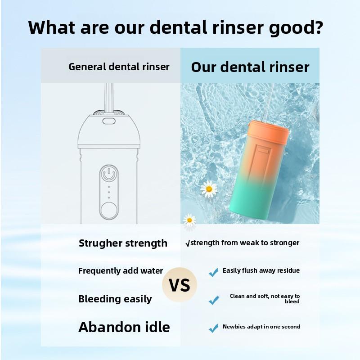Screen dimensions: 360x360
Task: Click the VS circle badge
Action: (180, 285)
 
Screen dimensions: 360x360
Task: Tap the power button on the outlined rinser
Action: (108, 173)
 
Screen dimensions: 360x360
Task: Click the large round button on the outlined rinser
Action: (108, 210)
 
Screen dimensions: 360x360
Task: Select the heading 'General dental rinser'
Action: (119, 67)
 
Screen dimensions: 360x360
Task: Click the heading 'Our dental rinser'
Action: (250, 67)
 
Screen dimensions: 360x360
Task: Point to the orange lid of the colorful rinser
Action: (269, 132)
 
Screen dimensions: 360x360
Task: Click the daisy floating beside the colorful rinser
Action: (209, 189)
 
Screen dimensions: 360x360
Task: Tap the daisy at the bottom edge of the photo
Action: (189, 220)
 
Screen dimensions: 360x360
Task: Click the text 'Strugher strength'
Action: (123, 243)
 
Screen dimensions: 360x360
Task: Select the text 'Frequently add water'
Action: (121, 271)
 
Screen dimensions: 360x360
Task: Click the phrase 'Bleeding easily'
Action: (115, 299)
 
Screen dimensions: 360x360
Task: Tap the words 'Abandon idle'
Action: (124, 327)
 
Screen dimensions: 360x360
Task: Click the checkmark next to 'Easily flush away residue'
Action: (213, 272)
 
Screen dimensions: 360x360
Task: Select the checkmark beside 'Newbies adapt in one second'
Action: (213, 328)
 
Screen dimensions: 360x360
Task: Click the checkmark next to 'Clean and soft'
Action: (213, 300)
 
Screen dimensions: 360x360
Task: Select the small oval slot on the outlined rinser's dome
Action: (108, 121)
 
